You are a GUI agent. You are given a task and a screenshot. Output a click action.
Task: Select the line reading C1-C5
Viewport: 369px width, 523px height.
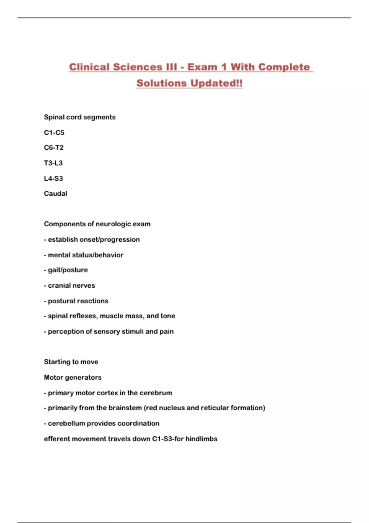(x=54, y=133)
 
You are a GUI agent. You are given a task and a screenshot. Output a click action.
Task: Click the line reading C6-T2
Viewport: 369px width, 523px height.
(x=54, y=148)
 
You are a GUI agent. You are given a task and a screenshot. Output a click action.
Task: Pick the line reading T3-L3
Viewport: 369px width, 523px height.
(x=53, y=163)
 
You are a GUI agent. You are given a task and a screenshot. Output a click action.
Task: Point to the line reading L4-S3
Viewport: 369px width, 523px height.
(x=54, y=178)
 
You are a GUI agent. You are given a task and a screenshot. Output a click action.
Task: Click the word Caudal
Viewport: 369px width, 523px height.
(x=56, y=194)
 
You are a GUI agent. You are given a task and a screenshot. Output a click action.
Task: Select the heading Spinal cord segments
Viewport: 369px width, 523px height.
(x=80, y=117)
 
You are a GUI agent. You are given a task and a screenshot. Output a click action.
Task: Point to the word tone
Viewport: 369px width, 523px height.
(x=168, y=316)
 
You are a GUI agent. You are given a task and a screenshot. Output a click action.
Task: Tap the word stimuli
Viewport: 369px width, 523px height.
(x=133, y=331)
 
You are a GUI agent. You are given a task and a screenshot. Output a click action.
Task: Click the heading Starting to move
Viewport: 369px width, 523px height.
(x=71, y=362)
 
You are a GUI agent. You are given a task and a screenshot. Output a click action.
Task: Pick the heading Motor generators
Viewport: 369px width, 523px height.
(x=73, y=377)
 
